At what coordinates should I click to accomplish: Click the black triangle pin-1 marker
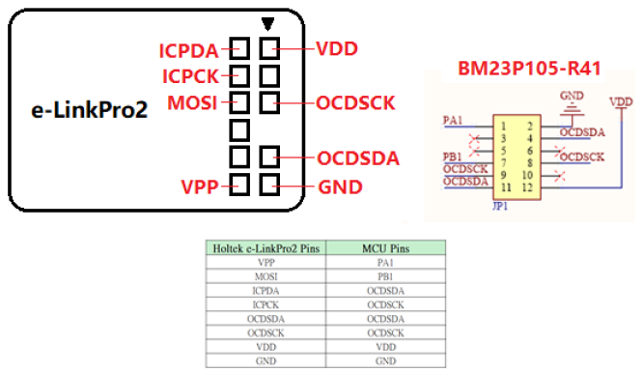267,24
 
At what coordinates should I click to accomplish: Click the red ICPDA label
188,50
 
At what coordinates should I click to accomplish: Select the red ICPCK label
191,76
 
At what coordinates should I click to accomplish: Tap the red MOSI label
192,102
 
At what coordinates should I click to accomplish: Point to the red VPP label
200,186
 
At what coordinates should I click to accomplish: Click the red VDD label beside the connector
337,48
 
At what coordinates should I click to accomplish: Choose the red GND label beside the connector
341,187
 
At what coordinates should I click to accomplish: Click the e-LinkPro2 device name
90,110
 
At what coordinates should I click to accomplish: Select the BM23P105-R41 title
529,69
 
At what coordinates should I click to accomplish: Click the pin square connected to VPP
239,185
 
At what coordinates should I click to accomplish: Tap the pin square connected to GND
269,185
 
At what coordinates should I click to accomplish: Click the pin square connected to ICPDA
239,48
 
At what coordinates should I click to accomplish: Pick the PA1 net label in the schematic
453,121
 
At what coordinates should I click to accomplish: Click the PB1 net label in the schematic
452,157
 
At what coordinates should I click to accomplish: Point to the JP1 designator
500,206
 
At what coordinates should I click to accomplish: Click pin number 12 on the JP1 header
527,187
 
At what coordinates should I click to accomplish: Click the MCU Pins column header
386,248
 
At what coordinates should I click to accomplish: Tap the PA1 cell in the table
385,263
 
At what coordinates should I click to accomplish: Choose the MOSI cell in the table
266,276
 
